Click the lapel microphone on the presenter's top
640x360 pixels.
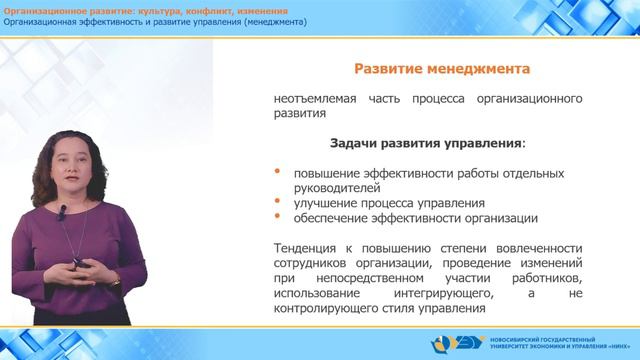tap(62, 212)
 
